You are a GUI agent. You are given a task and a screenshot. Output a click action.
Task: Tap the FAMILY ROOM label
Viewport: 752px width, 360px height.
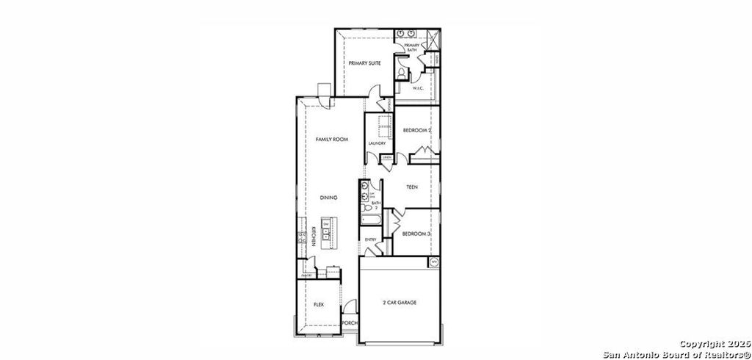(331, 139)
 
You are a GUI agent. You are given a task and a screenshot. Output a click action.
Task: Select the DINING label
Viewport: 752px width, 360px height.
(328, 198)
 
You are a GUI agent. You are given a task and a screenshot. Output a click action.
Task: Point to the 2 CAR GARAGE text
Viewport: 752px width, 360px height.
(400, 302)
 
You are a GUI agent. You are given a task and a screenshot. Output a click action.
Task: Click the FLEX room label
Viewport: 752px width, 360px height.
(319, 304)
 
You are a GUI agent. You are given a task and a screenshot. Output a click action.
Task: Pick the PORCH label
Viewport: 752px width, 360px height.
(350, 323)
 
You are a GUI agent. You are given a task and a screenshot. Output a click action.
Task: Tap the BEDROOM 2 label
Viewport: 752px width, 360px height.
(417, 130)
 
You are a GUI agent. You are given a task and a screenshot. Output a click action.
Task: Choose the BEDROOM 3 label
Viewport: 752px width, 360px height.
(416, 234)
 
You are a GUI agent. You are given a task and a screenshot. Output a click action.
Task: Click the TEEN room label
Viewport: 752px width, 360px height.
(412, 187)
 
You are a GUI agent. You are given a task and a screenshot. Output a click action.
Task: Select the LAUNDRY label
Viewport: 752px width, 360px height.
(377, 143)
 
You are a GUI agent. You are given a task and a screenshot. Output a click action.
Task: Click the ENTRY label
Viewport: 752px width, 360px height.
(370, 240)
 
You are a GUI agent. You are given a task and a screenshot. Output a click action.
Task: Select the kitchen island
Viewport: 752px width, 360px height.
(325, 235)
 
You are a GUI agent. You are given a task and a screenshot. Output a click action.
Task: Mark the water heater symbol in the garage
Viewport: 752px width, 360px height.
(433, 262)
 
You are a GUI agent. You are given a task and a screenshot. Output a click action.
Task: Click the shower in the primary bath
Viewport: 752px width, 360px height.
(430, 37)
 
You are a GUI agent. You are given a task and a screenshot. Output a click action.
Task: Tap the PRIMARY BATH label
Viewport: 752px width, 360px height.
(411, 48)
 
